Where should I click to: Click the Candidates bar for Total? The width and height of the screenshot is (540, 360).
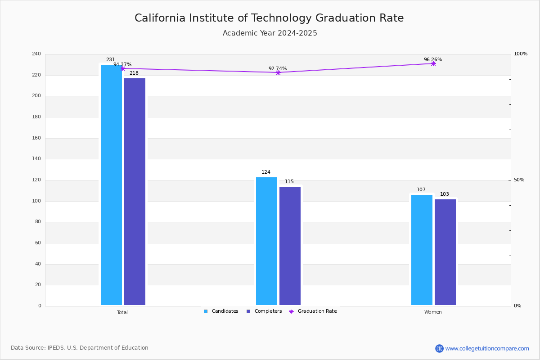111,185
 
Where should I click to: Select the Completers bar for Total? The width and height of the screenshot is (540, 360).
135,192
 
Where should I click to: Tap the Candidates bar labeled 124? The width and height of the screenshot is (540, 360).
266,241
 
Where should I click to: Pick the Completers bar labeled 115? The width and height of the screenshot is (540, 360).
290,246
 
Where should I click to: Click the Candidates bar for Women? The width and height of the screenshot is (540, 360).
422,250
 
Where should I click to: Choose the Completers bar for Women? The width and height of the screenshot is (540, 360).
445,252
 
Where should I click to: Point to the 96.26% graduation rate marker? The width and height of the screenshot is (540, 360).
433,63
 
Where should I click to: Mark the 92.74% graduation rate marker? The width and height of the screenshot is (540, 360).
278,72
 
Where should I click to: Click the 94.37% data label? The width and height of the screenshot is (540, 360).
122,65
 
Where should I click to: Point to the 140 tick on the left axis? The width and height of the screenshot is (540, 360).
36,159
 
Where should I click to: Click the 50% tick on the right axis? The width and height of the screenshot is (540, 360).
519,180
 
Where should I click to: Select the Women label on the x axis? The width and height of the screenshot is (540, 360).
433,312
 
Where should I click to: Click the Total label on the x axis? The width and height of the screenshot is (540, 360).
122,312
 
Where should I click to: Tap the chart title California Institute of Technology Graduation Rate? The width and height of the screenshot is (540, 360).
269,18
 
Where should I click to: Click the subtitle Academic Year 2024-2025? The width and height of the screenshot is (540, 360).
270,33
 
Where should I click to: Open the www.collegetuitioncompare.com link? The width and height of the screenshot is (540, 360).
487,348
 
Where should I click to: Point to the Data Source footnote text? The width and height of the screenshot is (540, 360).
80,348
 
